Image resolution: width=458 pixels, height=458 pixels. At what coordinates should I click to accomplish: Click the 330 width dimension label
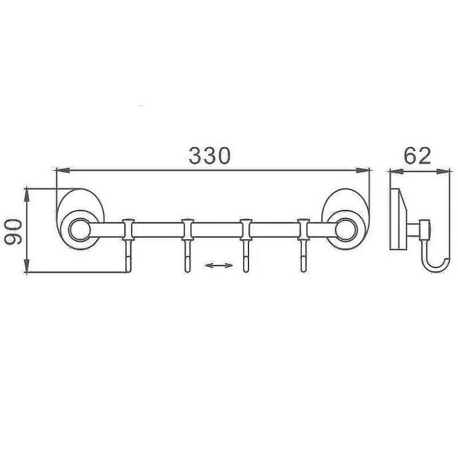210,155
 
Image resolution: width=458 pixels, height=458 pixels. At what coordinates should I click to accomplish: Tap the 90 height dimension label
13,232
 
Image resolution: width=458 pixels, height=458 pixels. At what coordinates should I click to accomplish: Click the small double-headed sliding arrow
219,265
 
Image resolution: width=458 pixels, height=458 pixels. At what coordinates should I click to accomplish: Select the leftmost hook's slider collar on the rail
128,230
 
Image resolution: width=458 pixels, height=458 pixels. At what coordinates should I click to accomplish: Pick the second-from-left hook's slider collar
188,230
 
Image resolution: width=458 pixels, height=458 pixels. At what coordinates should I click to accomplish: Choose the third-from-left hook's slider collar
246,230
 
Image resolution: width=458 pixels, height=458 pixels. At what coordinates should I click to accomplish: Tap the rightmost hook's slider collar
303,230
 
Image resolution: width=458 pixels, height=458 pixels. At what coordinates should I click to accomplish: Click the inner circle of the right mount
346,230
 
